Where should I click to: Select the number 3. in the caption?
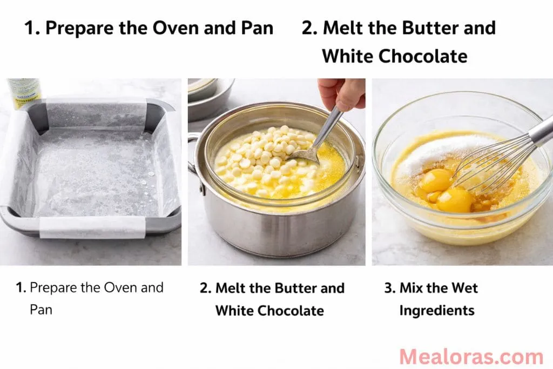(390, 288)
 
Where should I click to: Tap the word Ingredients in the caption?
(436, 311)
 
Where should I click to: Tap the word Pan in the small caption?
(41, 310)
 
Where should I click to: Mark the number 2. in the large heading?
(309, 28)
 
